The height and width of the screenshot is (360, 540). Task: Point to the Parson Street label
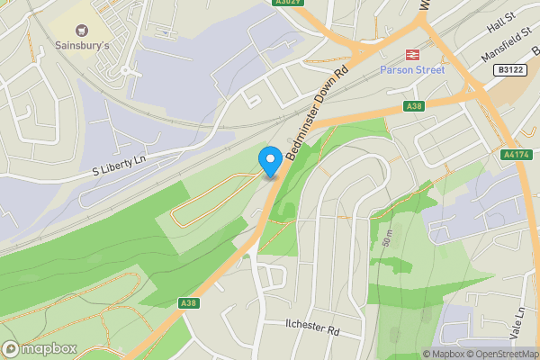412,69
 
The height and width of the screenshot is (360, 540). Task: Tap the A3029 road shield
286,4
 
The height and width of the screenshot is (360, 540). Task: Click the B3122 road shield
510,69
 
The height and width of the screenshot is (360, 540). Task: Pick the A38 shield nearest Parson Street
413,106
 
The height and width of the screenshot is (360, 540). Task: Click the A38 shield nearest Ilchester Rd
188,303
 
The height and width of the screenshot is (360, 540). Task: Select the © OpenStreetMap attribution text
502,354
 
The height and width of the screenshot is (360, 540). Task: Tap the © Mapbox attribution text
444,354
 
